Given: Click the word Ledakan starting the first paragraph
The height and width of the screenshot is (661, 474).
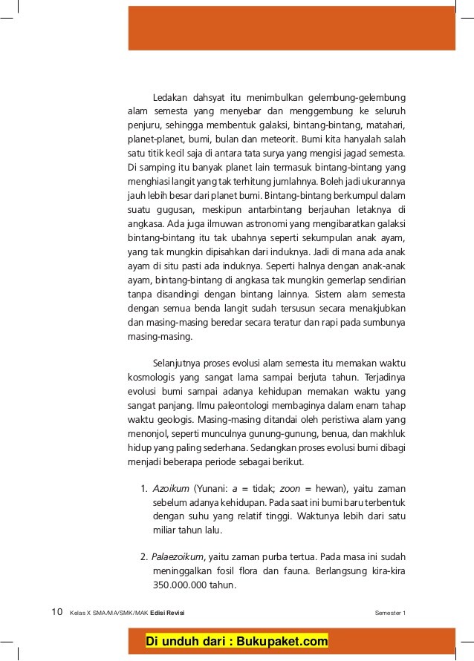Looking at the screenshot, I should pos(170,98).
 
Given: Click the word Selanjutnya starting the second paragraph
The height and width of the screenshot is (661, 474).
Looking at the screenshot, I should pos(178,364).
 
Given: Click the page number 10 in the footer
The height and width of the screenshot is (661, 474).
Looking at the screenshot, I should pos(56,612).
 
